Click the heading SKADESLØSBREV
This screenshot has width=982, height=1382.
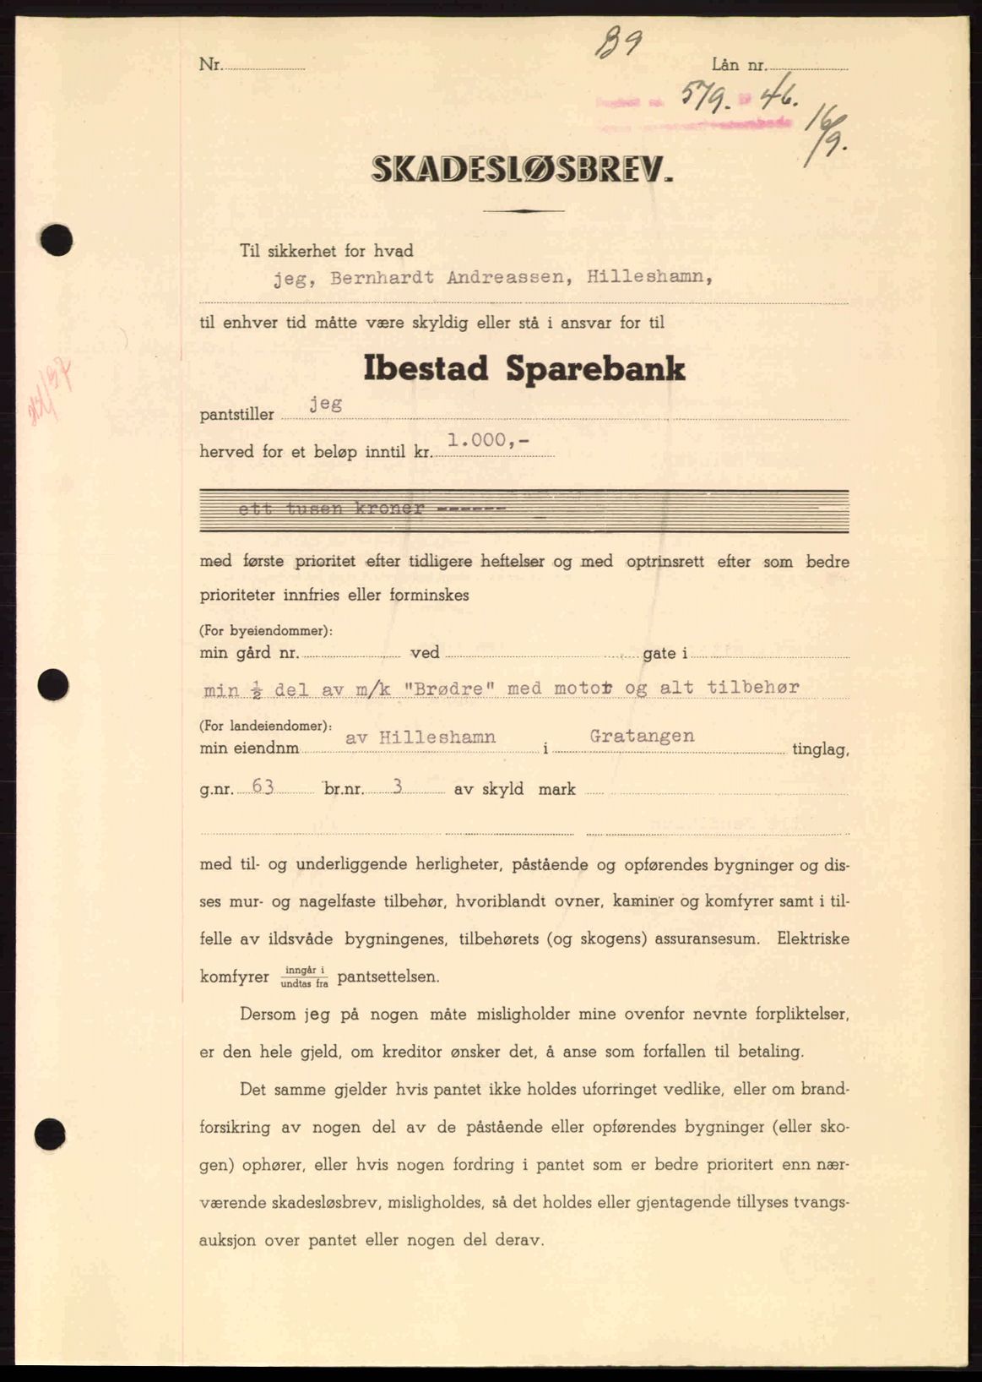(x=524, y=171)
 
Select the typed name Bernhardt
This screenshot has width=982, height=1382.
(x=382, y=278)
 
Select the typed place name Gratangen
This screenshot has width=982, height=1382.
(x=642, y=736)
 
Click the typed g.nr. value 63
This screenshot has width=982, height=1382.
(x=263, y=788)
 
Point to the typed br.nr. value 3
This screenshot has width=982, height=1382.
(x=398, y=787)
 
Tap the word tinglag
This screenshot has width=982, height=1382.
(x=819, y=749)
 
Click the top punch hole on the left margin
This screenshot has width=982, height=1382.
(x=56, y=241)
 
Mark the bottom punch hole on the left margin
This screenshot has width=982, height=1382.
(x=52, y=1130)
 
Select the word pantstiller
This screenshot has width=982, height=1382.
(x=237, y=415)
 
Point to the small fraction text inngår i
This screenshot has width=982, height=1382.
(x=305, y=970)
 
